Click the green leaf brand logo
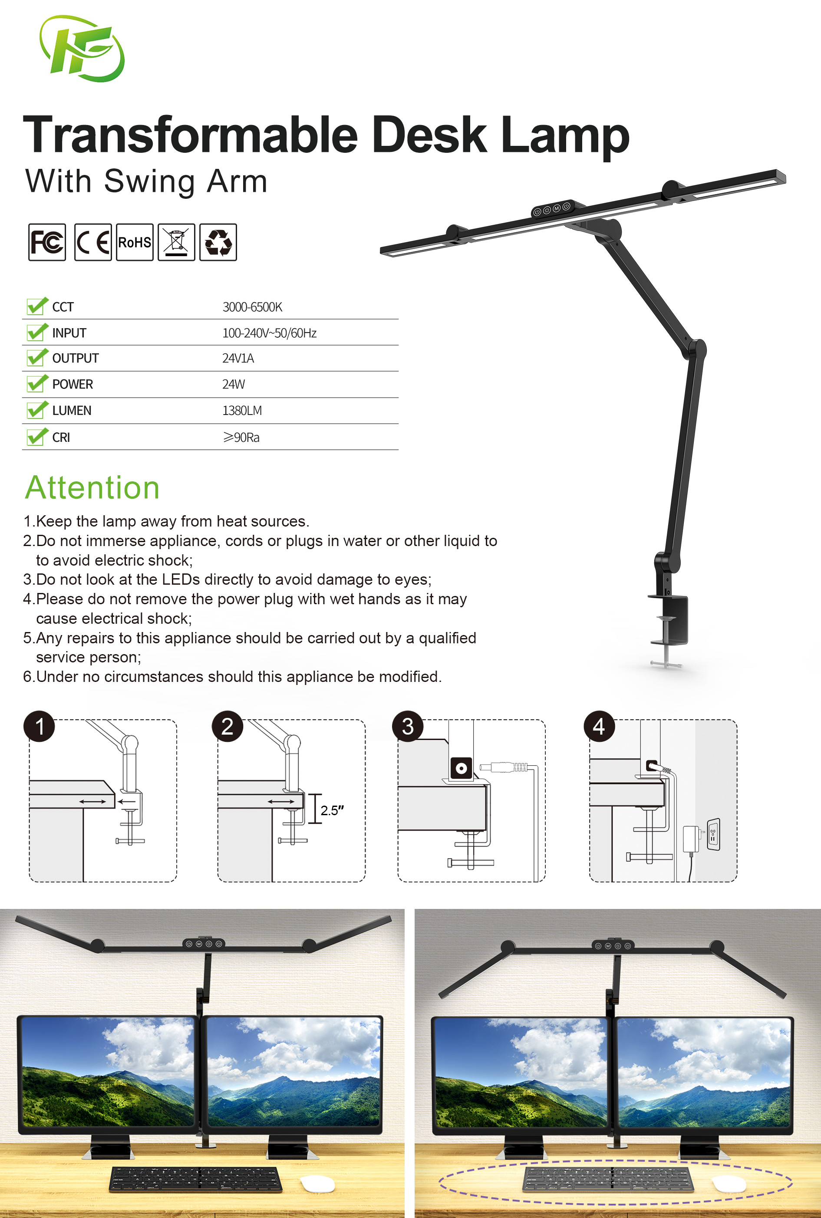click(x=82, y=49)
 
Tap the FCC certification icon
click(x=47, y=242)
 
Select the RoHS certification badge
click(x=135, y=242)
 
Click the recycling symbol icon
click(x=218, y=242)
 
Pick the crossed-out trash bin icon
click(x=176, y=242)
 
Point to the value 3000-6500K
click(x=252, y=307)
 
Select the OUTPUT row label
click(x=76, y=359)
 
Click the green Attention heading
click(x=92, y=488)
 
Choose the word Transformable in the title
click(x=191, y=135)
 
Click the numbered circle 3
click(x=408, y=727)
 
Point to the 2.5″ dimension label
click(x=332, y=810)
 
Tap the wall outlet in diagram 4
click(x=713, y=834)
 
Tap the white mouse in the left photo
click(x=317, y=1183)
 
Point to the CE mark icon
click(x=92, y=242)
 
